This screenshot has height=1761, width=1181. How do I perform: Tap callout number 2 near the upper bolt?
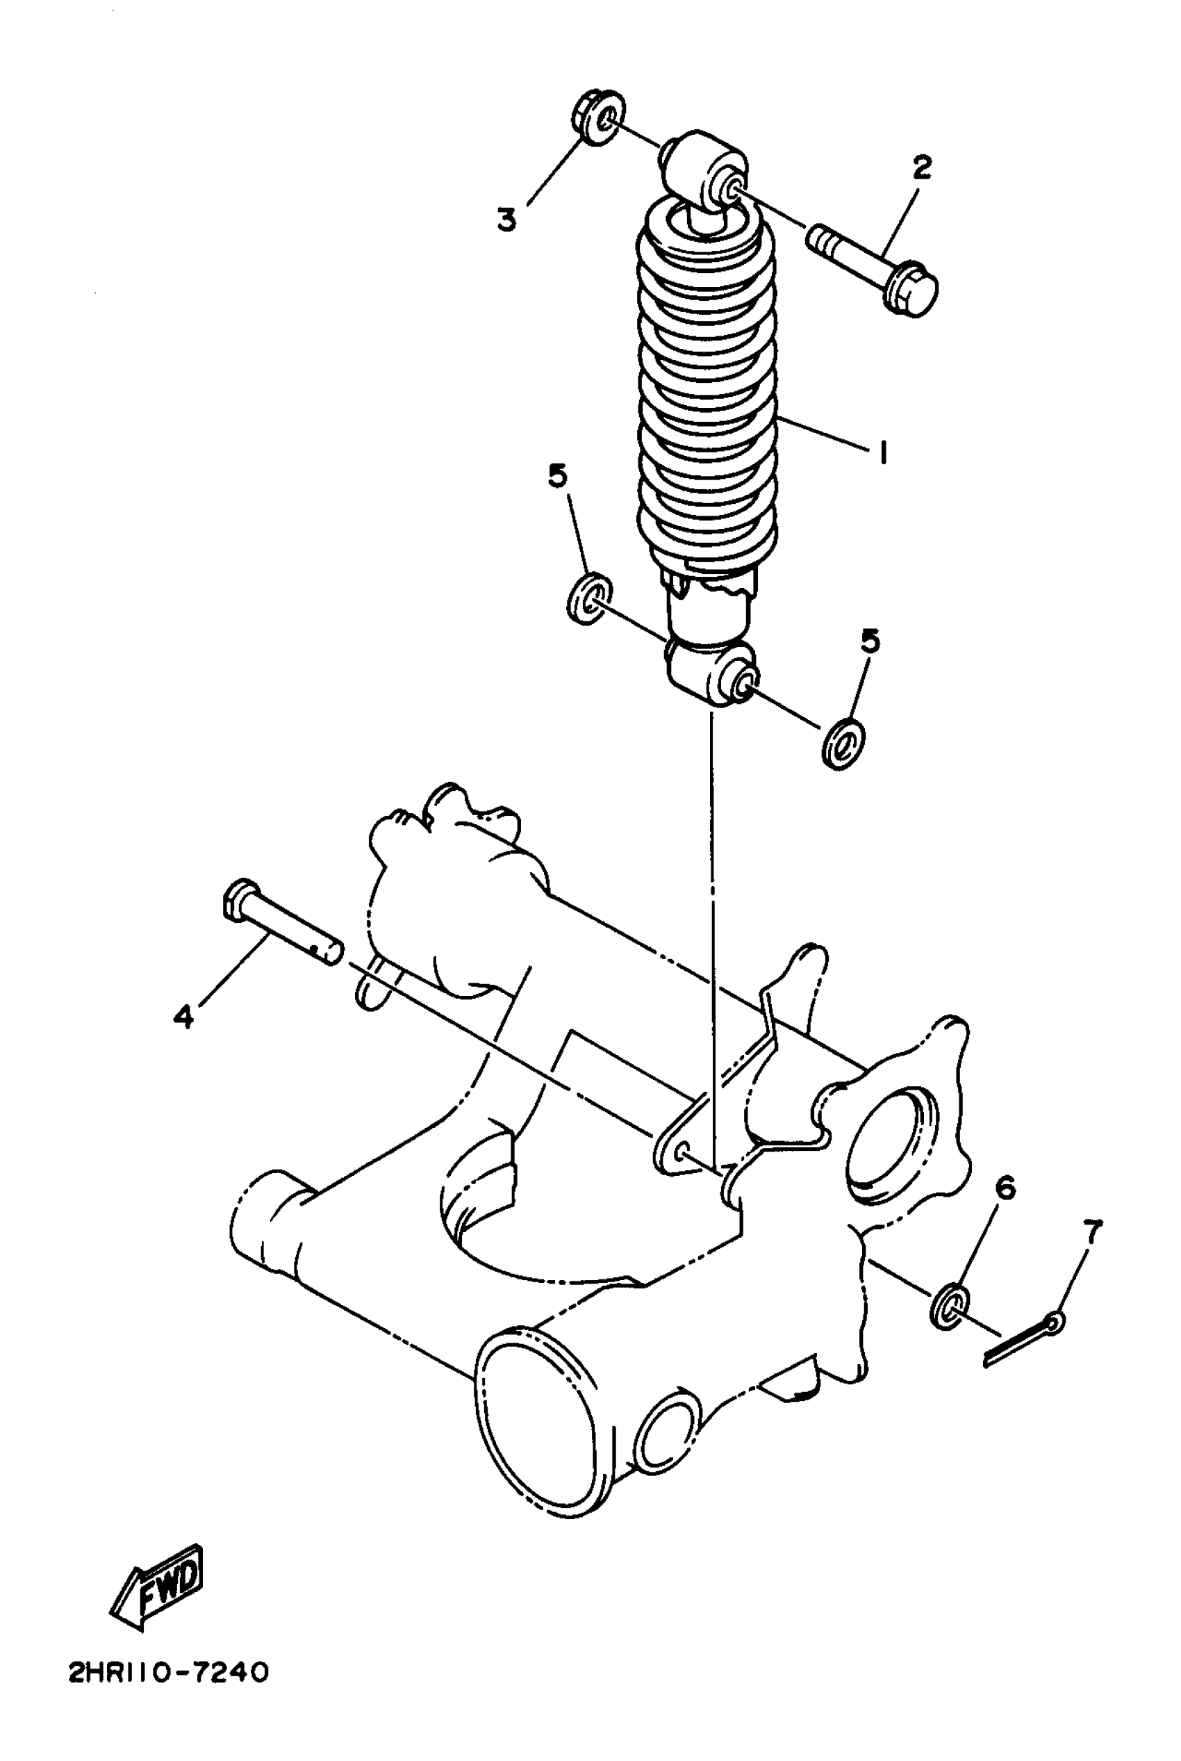click(x=922, y=167)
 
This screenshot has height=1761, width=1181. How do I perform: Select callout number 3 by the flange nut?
click(x=507, y=220)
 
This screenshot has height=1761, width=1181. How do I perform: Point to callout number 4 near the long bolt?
click(x=183, y=1017)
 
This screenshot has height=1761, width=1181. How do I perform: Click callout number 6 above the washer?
click(x=1005, y=1188)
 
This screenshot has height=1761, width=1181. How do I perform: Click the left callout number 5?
click(x=557, y=476)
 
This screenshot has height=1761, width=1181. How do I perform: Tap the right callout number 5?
click(x=870, y=641)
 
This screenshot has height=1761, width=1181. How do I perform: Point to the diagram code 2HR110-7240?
click(x=167, y=1673)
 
